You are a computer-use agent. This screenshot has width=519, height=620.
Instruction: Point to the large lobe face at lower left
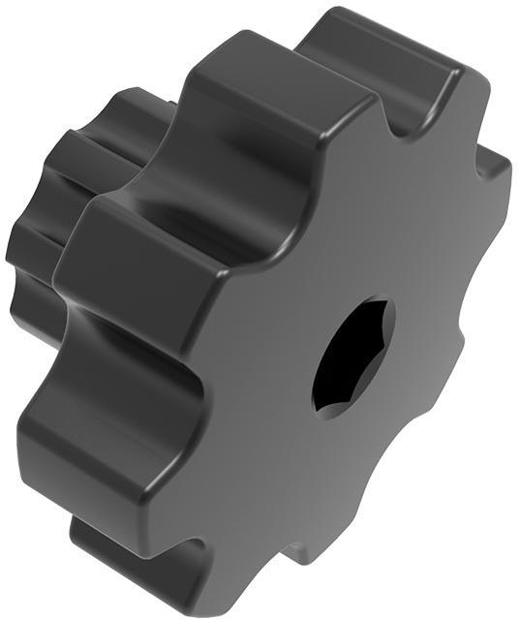[x=87, y=436]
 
